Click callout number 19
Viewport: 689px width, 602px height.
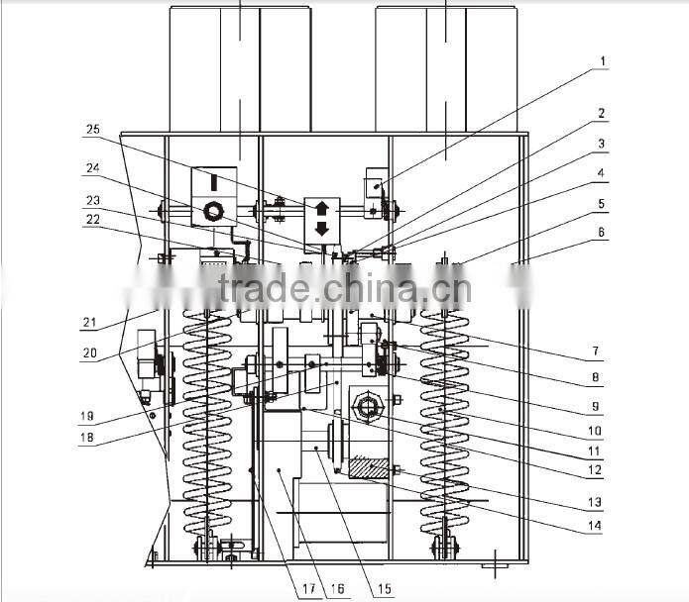point(87,416)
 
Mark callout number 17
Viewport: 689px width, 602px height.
point(308,589)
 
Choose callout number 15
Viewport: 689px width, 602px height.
point(383,589)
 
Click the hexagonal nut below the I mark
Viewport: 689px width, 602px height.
point(211,211)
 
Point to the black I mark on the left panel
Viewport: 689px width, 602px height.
point(212,184)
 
